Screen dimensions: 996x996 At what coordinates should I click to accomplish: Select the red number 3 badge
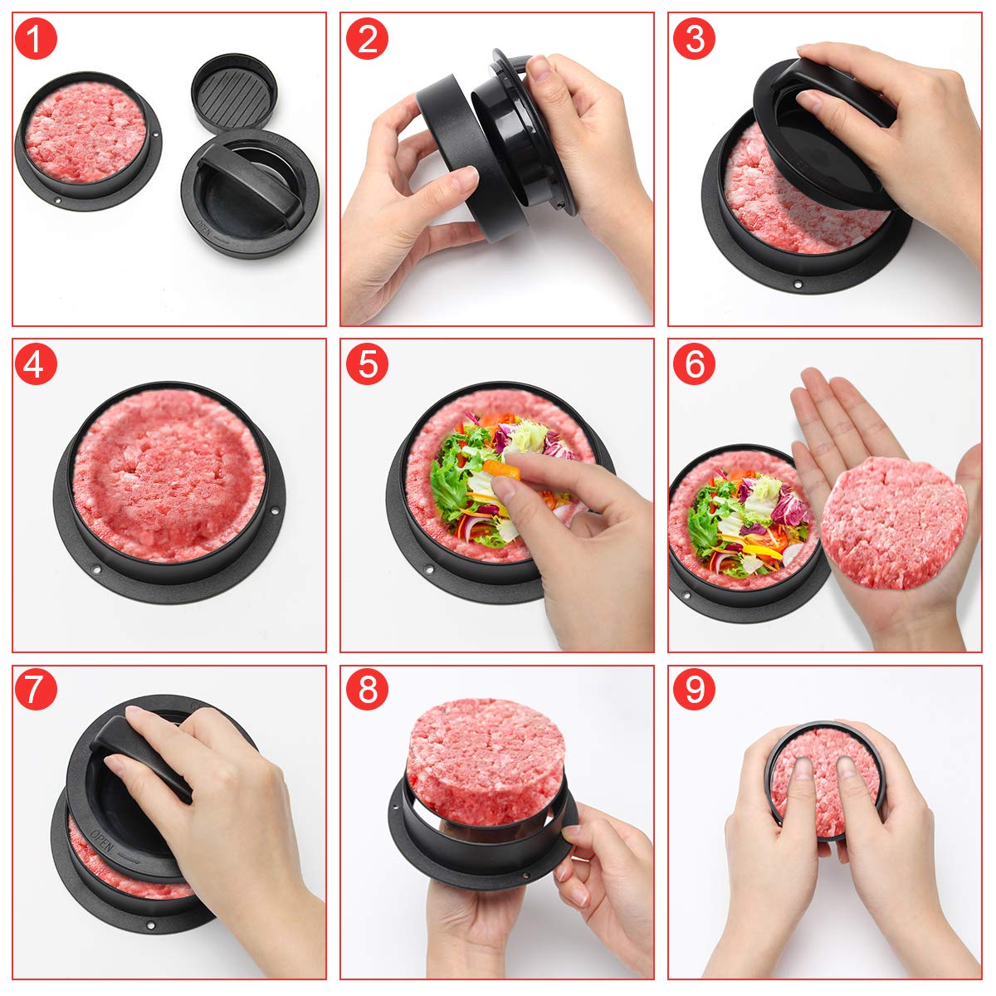pos(694,38)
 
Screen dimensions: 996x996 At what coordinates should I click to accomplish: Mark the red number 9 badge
pos(694,689)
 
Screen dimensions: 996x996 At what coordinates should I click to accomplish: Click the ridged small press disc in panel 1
pos(234,89)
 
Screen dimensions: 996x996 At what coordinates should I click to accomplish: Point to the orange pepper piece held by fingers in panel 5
pos(502,471)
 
